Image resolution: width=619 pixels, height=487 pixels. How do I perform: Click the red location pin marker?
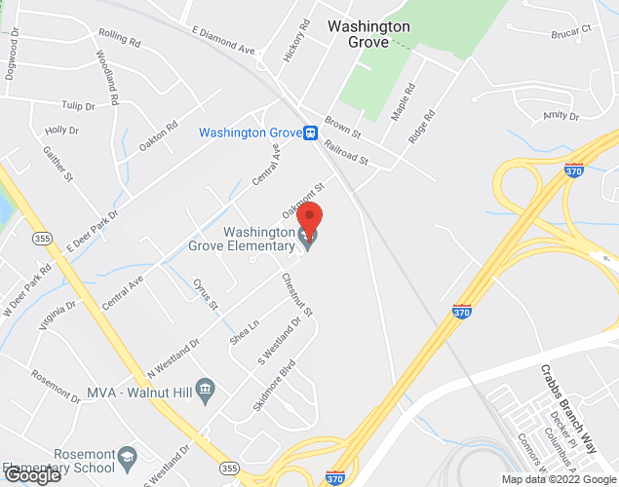(x=309, y=220)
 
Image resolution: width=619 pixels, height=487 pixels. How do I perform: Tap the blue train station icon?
(x=309, y=133)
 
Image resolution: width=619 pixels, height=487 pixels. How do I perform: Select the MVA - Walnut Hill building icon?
(x=205, y=392)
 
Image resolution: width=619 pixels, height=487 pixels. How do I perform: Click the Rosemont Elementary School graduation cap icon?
(x=127, y=457)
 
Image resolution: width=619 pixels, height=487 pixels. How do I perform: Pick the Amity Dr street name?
(x=560, y=116)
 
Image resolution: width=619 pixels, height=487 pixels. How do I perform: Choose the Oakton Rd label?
(x=158, y=135)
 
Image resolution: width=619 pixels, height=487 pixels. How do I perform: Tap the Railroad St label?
(x=347, y=154)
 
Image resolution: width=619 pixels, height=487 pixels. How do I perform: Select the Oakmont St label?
(x=303, y=192)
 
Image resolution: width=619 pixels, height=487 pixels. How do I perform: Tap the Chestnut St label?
(x=296, y=295)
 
